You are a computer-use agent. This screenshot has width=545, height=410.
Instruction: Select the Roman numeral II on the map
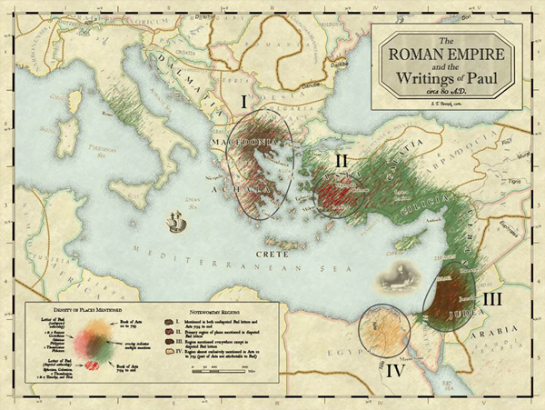[342, 160]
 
